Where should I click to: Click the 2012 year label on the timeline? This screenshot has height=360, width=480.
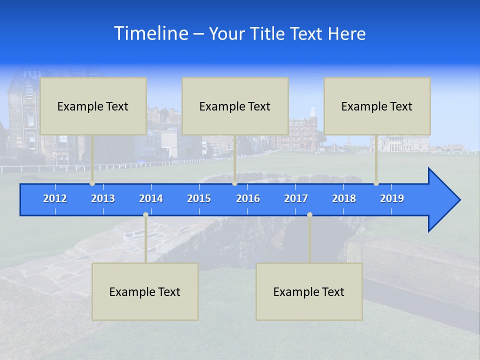(55, 198)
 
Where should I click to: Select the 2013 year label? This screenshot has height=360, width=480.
(103, 198)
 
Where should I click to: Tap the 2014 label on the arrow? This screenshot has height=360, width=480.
(151, 198)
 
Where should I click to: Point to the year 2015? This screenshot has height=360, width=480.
(199, 198)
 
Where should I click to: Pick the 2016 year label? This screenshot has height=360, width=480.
(248, 198)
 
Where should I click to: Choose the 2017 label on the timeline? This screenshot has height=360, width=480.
(296, 198)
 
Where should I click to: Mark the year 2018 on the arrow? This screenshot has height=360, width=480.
(344, 198)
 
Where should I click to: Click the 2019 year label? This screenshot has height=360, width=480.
(392, 198)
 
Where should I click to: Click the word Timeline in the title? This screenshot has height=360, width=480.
(151, 33)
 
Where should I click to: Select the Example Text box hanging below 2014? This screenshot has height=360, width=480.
(145, 291)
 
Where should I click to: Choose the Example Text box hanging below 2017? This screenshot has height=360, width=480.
(309, 291)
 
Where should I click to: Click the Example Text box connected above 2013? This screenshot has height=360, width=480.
(93, 106)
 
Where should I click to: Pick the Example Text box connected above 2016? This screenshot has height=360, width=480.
(235, 106)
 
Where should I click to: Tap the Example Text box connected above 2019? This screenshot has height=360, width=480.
(377, 106)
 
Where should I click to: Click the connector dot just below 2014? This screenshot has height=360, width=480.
(145, 215)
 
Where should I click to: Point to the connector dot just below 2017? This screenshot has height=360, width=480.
(309, 215)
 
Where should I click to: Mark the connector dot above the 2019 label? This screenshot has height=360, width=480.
(376, 183)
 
